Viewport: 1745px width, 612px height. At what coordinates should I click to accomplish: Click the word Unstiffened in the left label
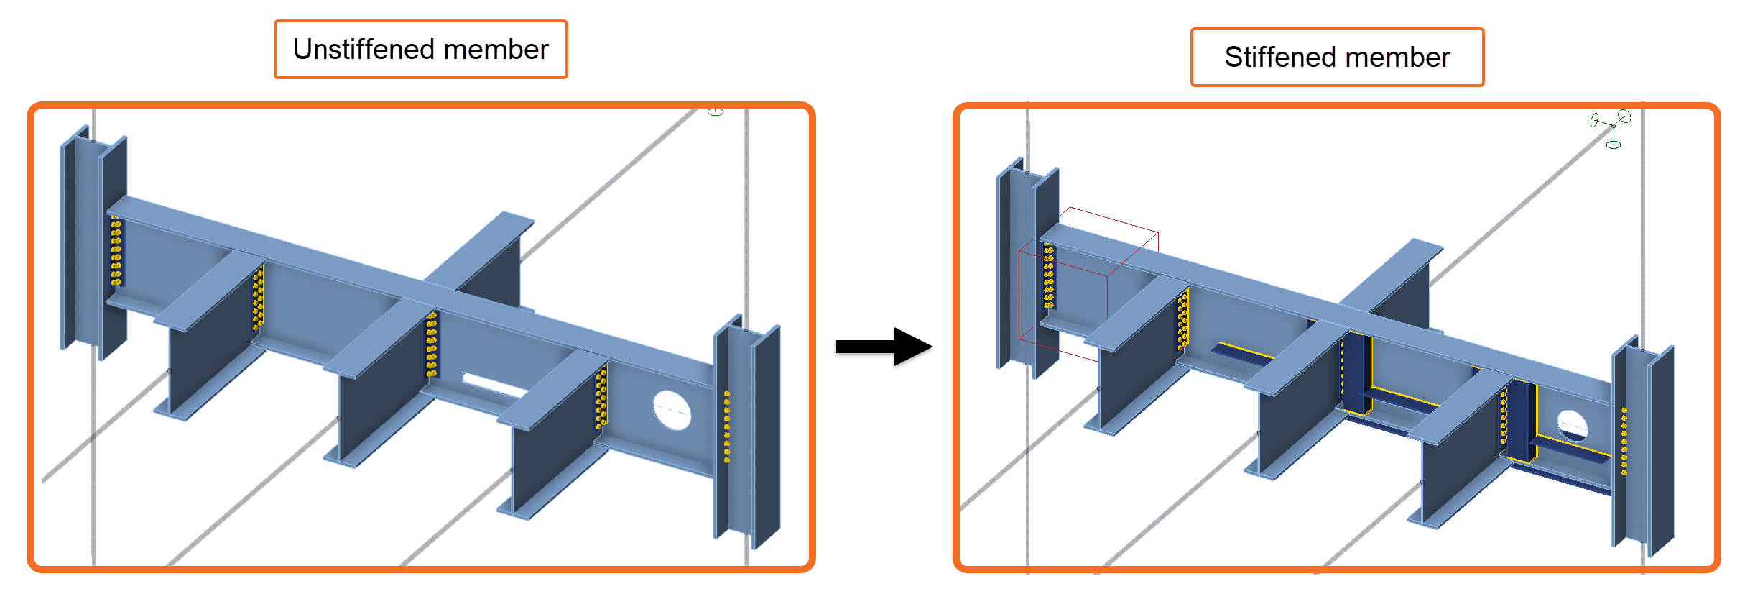point(364,50)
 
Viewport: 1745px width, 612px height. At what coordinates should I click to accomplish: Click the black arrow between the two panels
point(884,347)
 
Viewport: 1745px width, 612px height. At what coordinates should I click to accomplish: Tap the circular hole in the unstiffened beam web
point(672,410)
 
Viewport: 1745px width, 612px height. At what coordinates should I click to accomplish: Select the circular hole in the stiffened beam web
point(1572,426)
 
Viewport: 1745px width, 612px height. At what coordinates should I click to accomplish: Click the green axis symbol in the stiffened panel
point(1612,128)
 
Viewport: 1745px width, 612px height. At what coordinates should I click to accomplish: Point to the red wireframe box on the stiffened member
point(1088,280)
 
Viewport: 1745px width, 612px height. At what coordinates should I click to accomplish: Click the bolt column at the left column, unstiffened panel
point(116,251)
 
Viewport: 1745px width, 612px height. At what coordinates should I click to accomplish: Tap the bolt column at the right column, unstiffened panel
point(727,426)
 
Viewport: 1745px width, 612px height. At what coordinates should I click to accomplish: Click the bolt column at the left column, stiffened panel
point(1048,277)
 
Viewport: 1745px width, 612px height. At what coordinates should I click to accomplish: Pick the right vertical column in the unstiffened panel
point(747,431)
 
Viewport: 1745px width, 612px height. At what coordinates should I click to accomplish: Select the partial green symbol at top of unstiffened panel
point(716,111)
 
